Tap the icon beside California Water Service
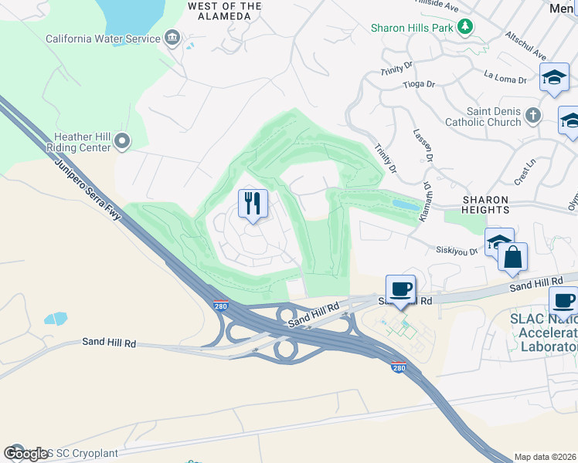pyautogui.click(x=172, y=39)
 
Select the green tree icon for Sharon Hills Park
pyautogui.click(x=464, y=28)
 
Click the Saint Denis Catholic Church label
pyautogui.click(x=483, y=117)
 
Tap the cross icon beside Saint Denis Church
pyautogui.click(x=532, y=117)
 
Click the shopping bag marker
pyautogui.click(x=512, y=257)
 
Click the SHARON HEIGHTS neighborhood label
pyautogui.click(x=486, y=204)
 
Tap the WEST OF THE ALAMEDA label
pyautogui.click(x=224, y=11)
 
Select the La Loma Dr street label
pyautogui.click(x=505, y=76)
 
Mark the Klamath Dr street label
pyautogui.click(x=426, y=202)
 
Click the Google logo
pyautogui.click(x=26, y=454)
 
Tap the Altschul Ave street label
pyautogui.click(x=525, y=46)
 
